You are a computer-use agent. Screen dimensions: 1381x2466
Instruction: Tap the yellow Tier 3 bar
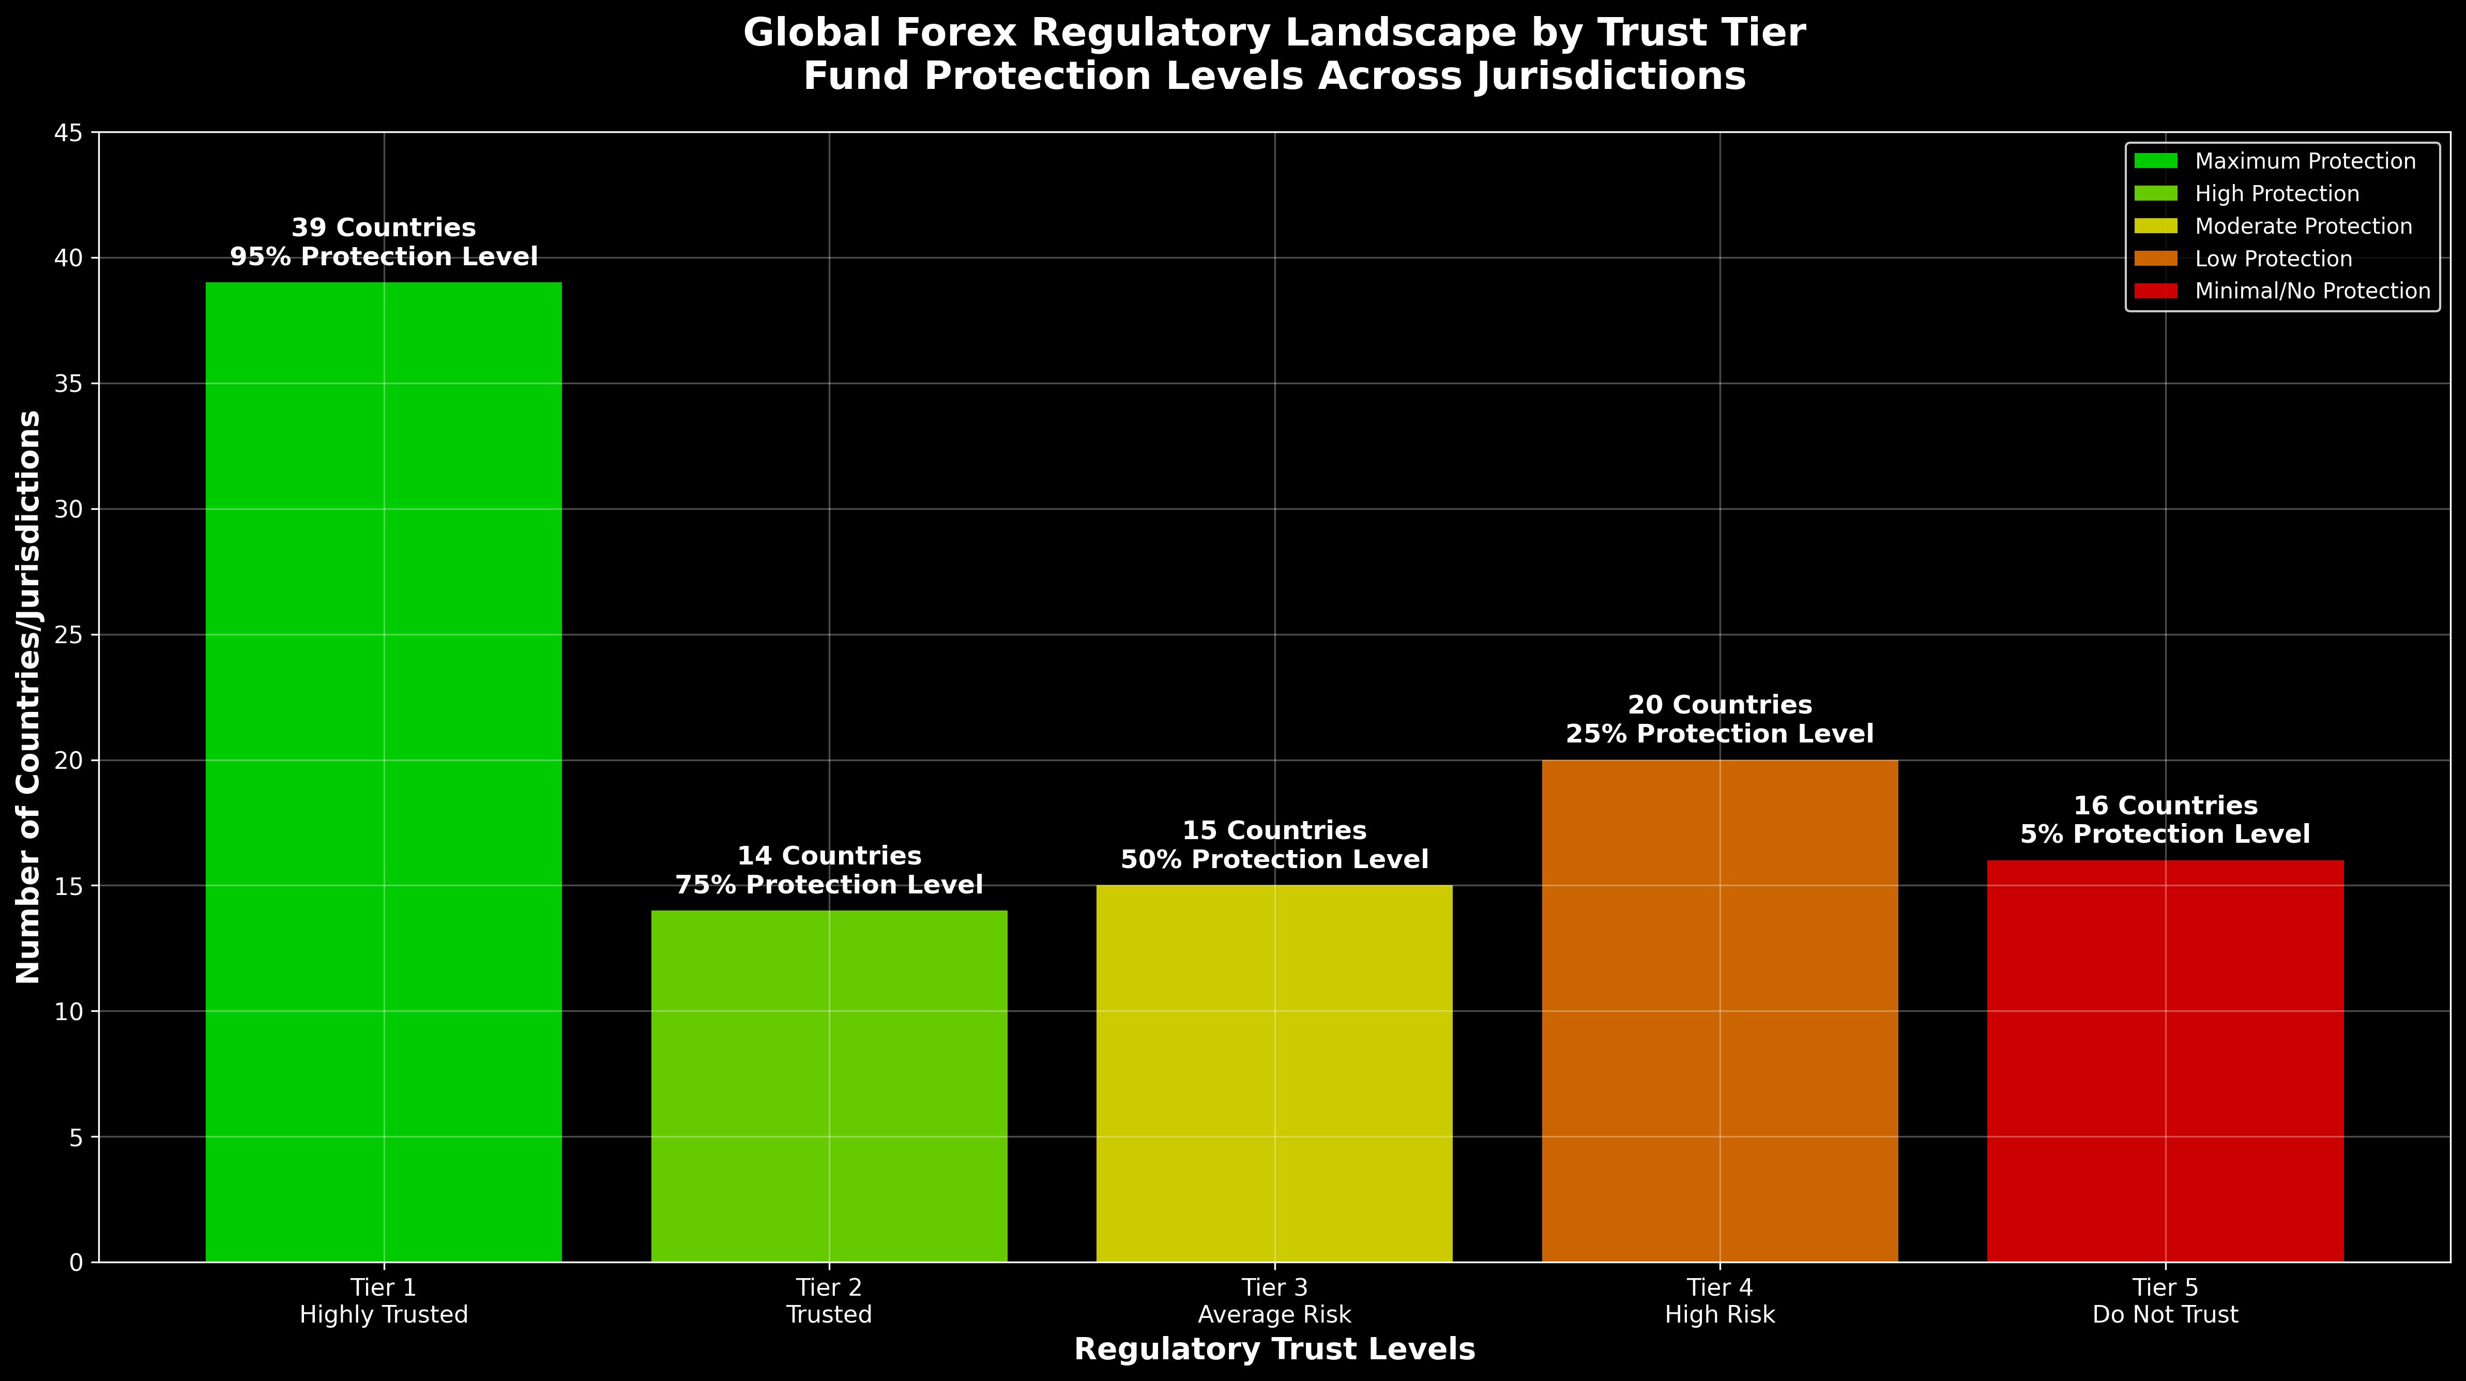[x=1274, y=1073]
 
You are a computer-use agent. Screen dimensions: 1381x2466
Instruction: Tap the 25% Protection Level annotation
[x=1719, y=735]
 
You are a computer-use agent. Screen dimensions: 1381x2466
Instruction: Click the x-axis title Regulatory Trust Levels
[x=1274, y=1349]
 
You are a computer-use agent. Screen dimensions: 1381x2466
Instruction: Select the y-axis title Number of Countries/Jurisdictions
[x=29, y=696]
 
